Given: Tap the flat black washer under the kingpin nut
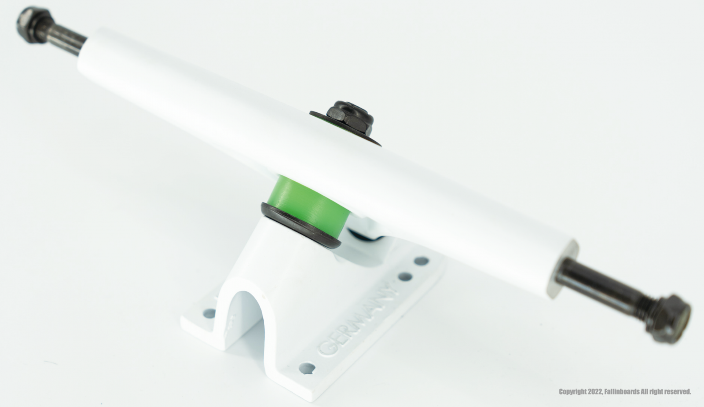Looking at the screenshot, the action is pyautogui.click(x=345, y=128).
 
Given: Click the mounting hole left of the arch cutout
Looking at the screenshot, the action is pyautogui.click(x=210, y=313).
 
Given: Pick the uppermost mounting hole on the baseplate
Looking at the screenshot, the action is pyautogui.click(x=421, y=261).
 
